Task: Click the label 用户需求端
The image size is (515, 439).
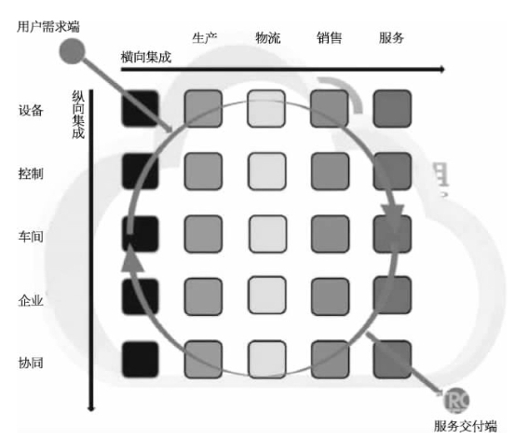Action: pyautogui.click(x=48, y=27)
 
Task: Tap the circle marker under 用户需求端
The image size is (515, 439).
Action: pyautogui.click(x=72, y=51)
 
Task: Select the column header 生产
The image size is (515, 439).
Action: pyautogui.click(x=204, y=38)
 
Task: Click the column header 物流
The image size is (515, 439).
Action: pyautogui.click(x=267, y=38)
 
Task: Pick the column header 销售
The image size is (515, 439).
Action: pyautogui.click(x=329, y=38)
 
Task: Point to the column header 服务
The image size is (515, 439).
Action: pyautogui.click(x=391, y=38)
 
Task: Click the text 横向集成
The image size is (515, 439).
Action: pyautogui.click(x=146, y=58)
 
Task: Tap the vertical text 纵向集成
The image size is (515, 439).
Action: pyautogui.click(x=78, y=115)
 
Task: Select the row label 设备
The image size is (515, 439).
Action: pyautogui.click(x=31, y=110)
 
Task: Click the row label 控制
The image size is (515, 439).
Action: pyautogui.click(x=31, y=173)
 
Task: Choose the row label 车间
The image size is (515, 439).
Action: pyautogui.click(x=31, y=237)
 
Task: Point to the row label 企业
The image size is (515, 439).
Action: pyautogui.click(x=31, y=300)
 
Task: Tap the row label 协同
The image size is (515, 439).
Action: pyautogui.click(x=31, y=364)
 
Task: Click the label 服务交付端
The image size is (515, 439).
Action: pyautogui.click(x=465, y=426)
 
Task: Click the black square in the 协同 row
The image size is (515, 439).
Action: pyautogui.click(x=141, y=360)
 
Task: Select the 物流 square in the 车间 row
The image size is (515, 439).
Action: pyautogui.click(x=267, y=234)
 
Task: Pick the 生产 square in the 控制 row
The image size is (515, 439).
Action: pyautogui.click(x=203, y=171)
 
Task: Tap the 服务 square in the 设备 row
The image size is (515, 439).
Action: pyautogui.click(x=392, y=108)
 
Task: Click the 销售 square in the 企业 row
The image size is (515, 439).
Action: pyautogui.click(x=330, y=296)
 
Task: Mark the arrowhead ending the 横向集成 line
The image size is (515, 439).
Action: pyautogui.click(x=442, y=69)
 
